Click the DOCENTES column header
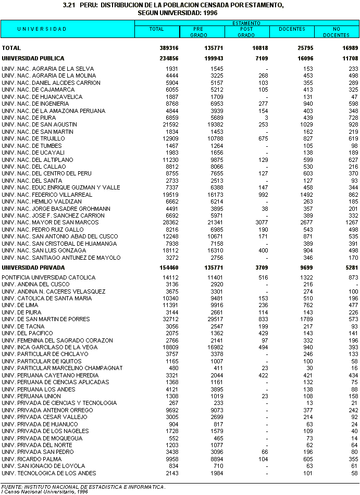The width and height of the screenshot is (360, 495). coord(292,29)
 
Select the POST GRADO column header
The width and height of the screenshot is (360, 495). coord(246,32)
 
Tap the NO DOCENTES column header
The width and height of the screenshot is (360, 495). coord(336,32)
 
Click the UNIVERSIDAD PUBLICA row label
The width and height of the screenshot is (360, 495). coord(33,59)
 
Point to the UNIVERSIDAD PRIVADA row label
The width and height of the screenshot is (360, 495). coord(32,267)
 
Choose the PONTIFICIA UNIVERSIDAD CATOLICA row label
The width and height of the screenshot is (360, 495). coord(48,277)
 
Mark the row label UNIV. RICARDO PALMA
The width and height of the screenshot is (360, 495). coord(32,459)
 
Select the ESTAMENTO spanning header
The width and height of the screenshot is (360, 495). coord(246,23)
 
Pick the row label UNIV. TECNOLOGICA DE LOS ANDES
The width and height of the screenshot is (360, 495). coord(48,473)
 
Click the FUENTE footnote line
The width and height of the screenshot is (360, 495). coord(83,487)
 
